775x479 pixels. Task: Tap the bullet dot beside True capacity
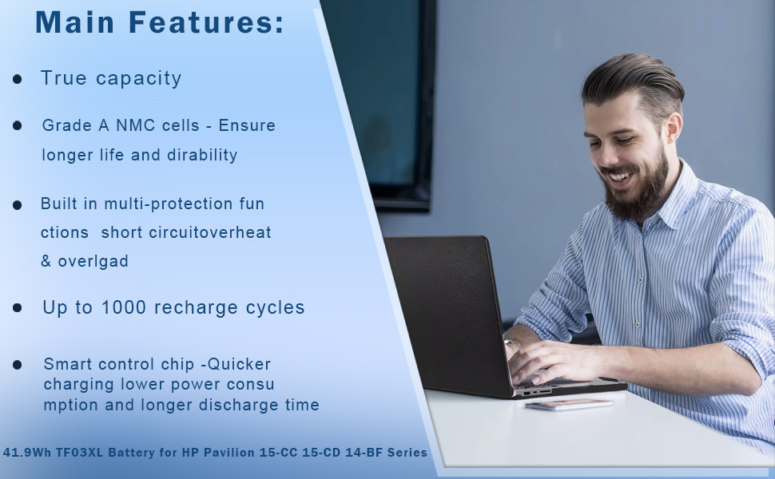pos(18,79)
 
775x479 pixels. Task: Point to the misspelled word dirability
pos(202,155)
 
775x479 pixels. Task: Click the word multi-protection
pos(168,204)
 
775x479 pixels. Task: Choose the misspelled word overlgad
pos(93,261)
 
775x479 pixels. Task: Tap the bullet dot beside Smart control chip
pos(18,365)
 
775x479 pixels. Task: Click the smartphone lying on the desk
pos(570,404)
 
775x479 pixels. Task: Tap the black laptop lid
pos(447,311)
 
